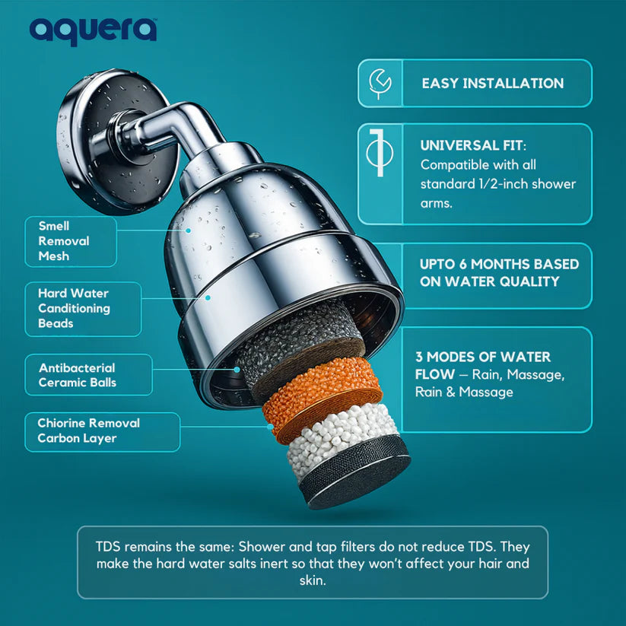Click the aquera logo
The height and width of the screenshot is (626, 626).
(x=93, y=30)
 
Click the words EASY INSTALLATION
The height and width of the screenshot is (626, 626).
(x=493, y=84)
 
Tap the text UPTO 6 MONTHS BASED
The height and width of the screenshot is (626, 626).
(x=499, y=265)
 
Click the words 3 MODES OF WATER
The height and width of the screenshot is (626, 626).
(x=483, y=357)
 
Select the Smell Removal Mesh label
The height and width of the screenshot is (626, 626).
(x=65, y=241)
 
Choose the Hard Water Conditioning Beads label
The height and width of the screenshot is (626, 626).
(x=74, y=308)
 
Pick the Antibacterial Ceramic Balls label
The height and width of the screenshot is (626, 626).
(x=78, y=375)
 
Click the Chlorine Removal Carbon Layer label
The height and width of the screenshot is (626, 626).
(x=89, y=431)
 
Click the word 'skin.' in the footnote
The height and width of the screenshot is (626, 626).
(x=312, y=580)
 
